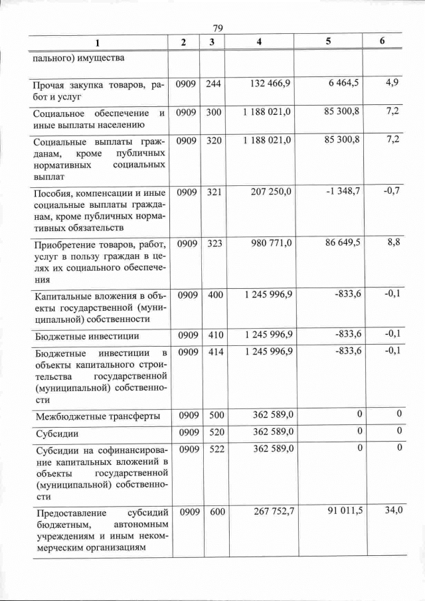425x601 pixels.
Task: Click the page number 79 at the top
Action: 216,27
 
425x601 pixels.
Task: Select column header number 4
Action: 259,42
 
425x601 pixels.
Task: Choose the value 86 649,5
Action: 343,242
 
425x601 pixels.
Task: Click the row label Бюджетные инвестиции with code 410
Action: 86,337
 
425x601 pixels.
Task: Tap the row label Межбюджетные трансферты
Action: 97,417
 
